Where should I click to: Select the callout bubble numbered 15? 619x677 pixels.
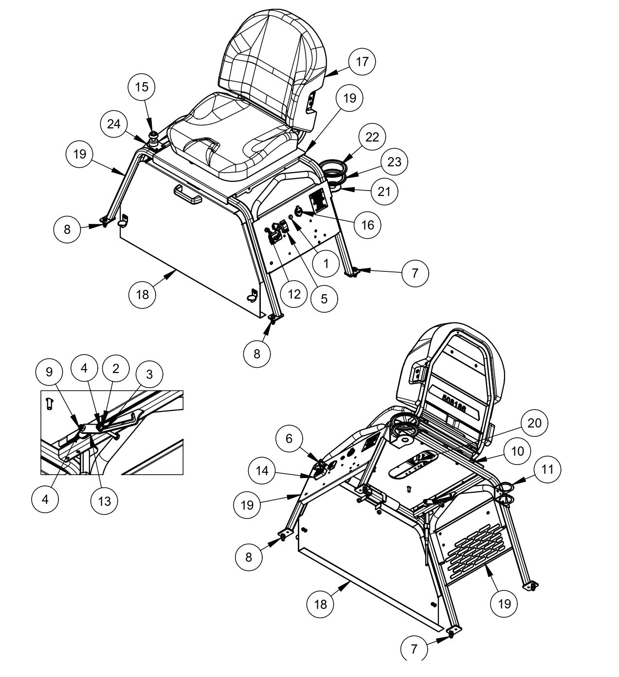coord(142,87)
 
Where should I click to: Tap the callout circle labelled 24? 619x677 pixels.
coord(114,125)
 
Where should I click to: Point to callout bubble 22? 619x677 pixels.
coord(372,137)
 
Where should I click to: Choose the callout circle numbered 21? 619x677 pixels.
coord(384,192)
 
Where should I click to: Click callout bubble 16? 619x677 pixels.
coord(368,225)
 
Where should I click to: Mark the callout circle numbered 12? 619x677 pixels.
coord(294,293)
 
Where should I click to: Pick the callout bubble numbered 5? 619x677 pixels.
coord(324,298)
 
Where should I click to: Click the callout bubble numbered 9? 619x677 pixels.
coord(49,372)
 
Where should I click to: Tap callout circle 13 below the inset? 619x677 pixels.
coord(105,501)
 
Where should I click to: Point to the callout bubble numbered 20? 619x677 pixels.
coord(534,423)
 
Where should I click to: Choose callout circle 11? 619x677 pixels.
coord(547,469)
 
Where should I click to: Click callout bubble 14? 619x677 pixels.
coord(262,471)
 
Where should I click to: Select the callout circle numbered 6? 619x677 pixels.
coord(289,439)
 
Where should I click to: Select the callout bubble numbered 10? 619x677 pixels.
coord(518,451)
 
